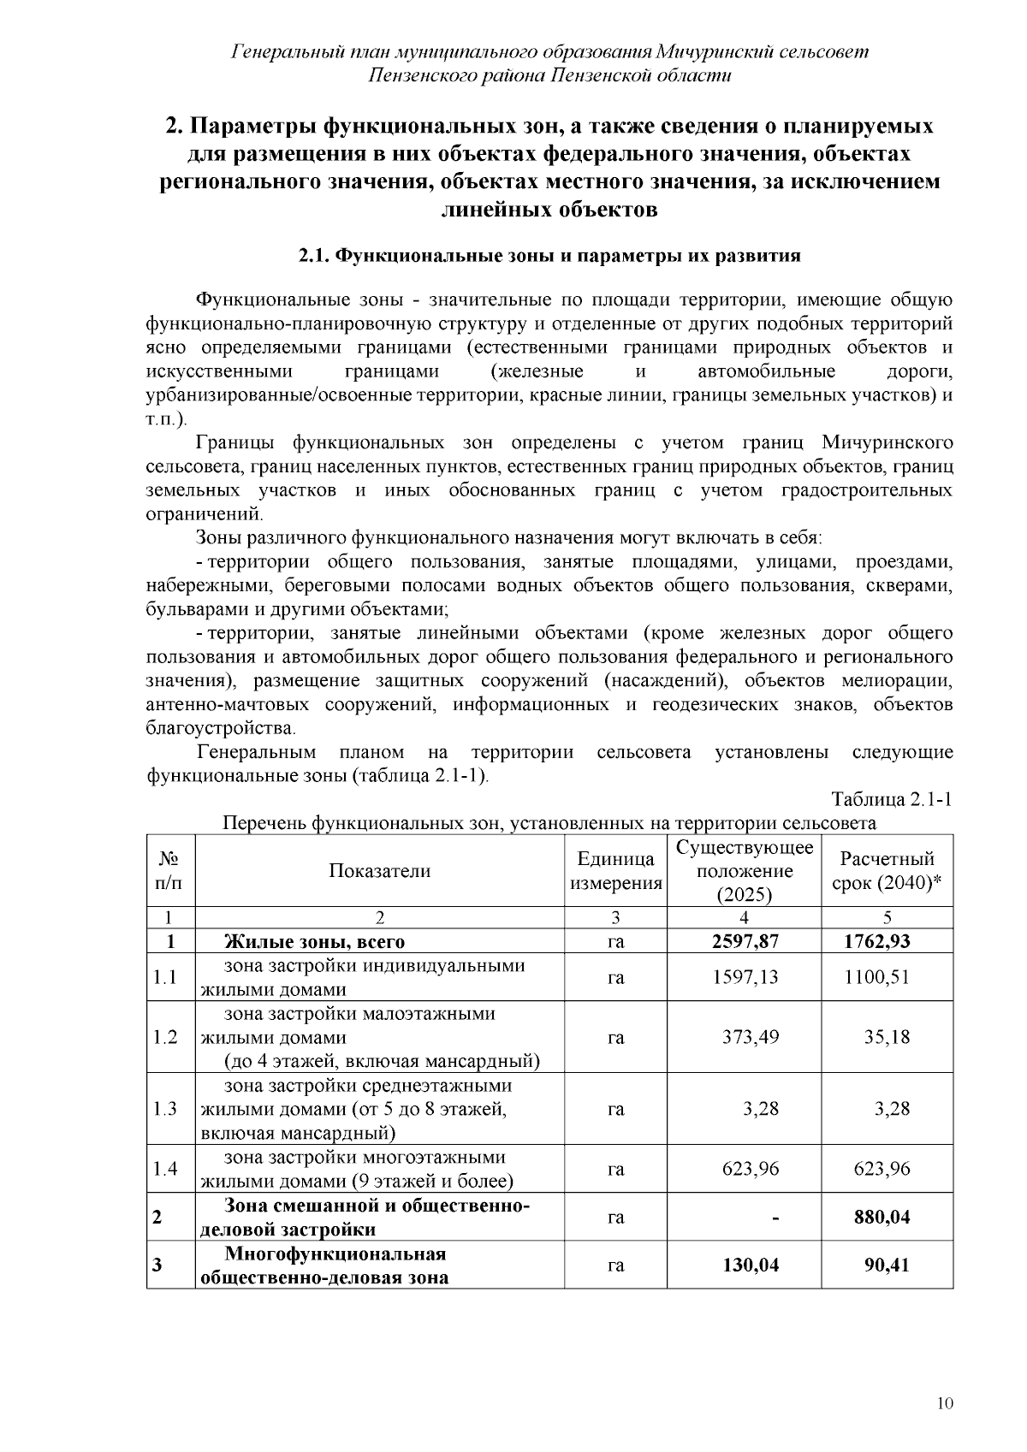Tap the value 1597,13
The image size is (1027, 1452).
[745, 977]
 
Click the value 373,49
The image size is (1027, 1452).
[751, 1037]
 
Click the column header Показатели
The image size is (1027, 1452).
[379, 871]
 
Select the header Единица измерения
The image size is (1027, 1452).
[615, 871]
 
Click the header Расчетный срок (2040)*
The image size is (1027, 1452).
[887, 871]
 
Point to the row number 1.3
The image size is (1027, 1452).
[165, 1109]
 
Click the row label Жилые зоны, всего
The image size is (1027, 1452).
[314, 942]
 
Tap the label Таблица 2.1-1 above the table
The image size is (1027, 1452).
[893, 800]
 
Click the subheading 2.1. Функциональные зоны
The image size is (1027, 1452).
[549, 256]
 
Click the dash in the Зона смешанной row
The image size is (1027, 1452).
[775, 1217]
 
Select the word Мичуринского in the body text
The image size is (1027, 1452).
[887, 443]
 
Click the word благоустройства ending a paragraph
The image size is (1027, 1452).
[220, 729]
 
